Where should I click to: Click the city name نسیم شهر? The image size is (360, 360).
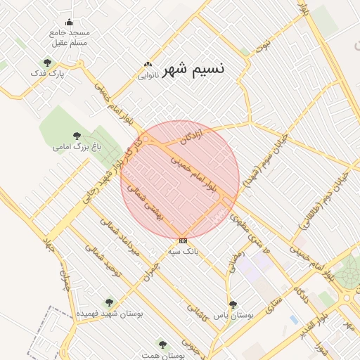[x=194, y=69]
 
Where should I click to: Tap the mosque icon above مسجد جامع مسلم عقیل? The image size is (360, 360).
[x=69, y=22]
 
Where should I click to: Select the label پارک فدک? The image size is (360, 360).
[x=47, y=73]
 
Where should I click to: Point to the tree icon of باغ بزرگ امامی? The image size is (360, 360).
[x=77, y=135]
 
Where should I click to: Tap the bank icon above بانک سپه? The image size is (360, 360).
[x=183, y=240]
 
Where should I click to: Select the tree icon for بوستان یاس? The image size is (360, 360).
[x=233, y=304]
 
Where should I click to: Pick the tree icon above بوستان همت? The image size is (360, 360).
[x=162, y=345]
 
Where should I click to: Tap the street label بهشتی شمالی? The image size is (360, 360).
[x=153, y=202]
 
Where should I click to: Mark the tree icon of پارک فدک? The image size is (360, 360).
[x=47, y=63]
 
